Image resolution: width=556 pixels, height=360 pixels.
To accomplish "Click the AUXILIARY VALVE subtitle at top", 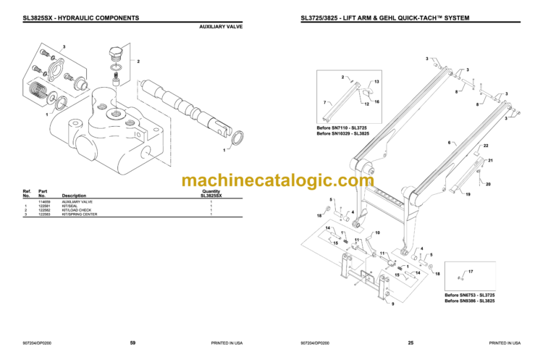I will [221, 26].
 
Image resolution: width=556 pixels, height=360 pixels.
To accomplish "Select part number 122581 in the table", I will [46, 206].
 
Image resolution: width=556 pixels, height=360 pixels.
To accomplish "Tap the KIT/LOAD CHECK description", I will [75, 210].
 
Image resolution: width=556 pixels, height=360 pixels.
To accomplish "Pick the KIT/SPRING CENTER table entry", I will [78, 214].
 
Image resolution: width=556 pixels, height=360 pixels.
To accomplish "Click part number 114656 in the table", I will [46, 201].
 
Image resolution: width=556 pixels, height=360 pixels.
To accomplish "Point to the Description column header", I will [74, 196].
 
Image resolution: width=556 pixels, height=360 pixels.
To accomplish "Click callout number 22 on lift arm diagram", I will [486, 147].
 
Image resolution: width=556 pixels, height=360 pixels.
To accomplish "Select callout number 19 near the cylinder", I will [468, 196].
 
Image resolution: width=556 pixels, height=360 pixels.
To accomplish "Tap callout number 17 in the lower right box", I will [471, 271].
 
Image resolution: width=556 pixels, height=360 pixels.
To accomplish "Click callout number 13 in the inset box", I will [376, 82].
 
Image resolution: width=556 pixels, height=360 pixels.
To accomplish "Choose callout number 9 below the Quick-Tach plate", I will [393, 304].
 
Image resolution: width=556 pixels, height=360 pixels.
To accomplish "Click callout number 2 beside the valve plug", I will [138, 62].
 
